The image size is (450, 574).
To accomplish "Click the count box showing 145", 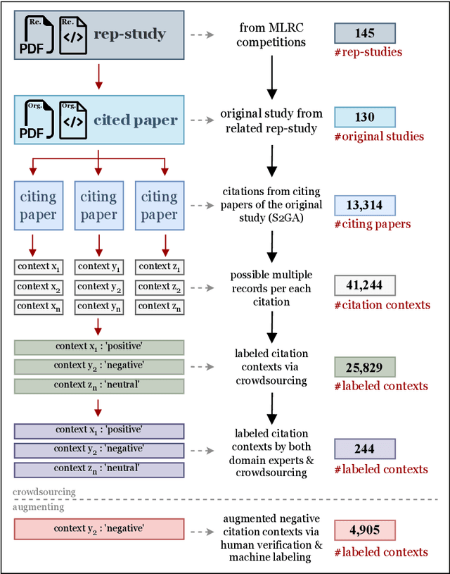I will click(x=364, y=33).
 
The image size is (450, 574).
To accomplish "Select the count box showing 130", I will click(x=364, y=117).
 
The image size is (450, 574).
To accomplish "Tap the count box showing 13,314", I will click(x=364, y=205).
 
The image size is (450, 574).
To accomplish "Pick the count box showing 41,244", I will click(x=364, y=285).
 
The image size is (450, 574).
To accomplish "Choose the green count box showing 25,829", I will click(x=364, y=366).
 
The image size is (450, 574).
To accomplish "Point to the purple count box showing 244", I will click(x=364, y=449).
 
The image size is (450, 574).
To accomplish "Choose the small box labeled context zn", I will click(x=159, y=306).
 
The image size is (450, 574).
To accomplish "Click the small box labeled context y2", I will click(x=98, y=287).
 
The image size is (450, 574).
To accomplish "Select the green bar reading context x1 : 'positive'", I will click(x=98, y=347).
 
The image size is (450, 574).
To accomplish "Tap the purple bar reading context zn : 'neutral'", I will click(x=98, y=469).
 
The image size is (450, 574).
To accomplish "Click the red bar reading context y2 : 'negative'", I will click(x=98, y=529).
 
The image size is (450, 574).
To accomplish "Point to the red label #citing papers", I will click(x=372, y=224).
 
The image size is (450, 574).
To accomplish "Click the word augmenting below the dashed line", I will click(x=39, y=506).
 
